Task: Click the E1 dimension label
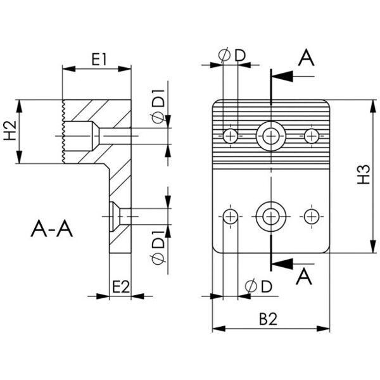[x=99, y=60]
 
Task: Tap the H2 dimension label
[x=10, y=130]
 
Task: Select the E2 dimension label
[x=121, y=287]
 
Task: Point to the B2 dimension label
[x=268, y=319]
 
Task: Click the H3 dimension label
[x=364, y=174]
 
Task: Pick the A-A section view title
[x=52, y=229]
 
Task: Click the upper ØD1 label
[x=158, y=106]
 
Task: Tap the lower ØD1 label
[x=158, y=248]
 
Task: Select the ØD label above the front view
[x=232, y=55]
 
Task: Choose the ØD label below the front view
[x=258, y=286]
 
